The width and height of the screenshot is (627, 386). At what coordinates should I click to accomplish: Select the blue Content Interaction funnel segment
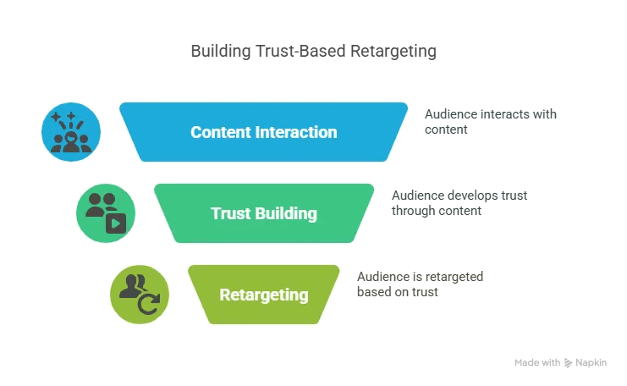(264, 132)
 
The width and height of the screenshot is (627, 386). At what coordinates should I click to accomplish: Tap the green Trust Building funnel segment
(264, 213)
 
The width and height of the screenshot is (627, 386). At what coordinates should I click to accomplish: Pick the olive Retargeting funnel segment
(264, 295)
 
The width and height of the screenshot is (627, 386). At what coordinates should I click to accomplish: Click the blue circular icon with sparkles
(71, 132)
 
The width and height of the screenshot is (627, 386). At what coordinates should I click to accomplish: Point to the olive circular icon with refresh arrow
(140, 295)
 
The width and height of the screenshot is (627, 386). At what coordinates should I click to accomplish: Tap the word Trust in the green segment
(231, 213)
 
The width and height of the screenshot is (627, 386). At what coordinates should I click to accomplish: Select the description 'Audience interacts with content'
(491, 120)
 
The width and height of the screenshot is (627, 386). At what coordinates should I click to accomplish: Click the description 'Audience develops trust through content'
(459, 202)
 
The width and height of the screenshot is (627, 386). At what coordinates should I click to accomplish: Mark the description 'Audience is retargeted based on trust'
(420, 284)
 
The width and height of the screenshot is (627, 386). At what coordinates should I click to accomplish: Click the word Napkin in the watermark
(591, 362)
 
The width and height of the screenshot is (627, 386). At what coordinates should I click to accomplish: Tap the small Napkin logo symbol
(568, 362)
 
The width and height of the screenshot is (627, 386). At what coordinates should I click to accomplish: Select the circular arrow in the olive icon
(149, 304)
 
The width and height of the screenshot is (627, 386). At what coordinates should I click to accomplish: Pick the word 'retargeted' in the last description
(454, 277)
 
